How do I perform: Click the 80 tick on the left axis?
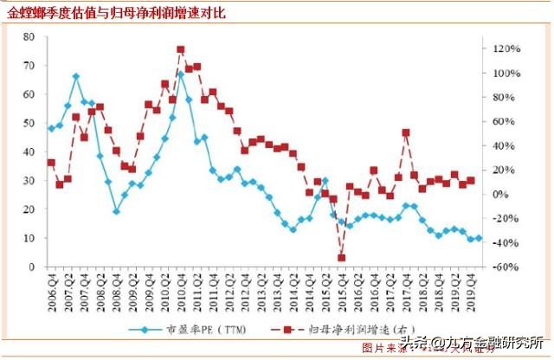[29, 37]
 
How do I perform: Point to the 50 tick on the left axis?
[29, 123]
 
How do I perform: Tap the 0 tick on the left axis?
[31, 267]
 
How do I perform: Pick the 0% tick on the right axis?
[503, 195]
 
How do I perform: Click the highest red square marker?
[180, 50]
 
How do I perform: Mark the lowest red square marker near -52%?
[342, 258]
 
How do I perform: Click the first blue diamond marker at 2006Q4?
[51, 128]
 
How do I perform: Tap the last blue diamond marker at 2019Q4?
[479, 238]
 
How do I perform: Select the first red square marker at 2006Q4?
[51, 163]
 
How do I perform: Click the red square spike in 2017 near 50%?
[406, 132]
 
